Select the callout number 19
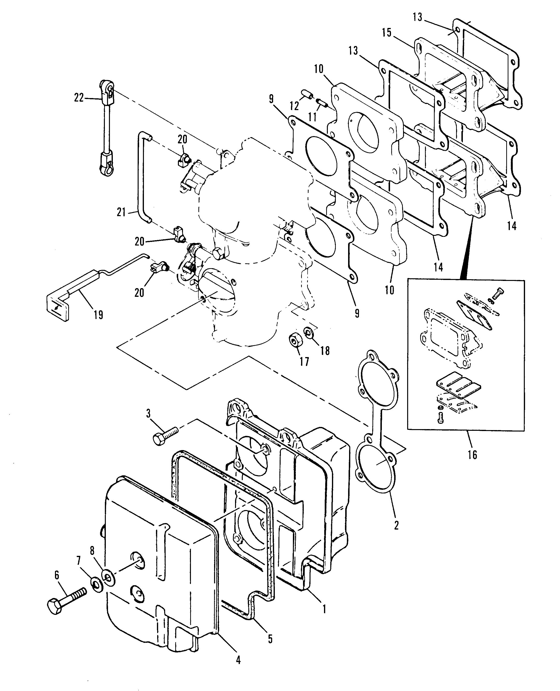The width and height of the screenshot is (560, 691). click(98, 314)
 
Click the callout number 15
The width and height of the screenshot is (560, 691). click(386, 32)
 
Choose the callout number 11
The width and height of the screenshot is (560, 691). click(312, 116)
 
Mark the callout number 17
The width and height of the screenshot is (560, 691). click(304, 361)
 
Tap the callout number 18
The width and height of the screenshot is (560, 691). click(325, 351)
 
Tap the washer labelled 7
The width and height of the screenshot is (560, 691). click(95, 586)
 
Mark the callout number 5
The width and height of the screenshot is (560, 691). click(270, 638)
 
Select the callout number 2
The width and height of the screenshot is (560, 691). click(396, 525)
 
